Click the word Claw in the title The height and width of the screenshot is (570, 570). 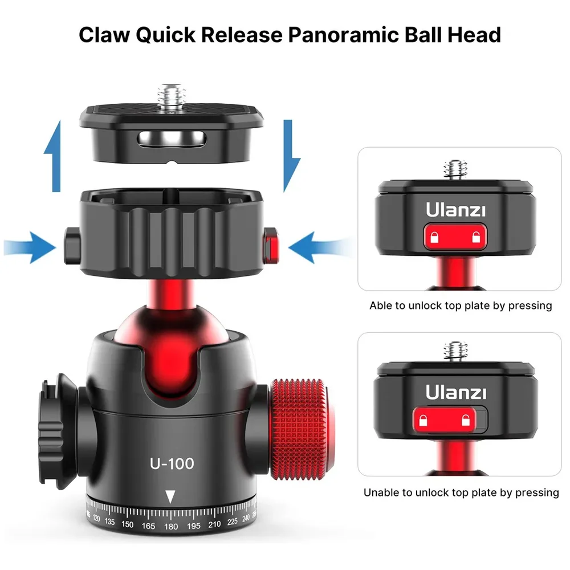[x=104, y=35]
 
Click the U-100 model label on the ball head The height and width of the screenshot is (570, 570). [x=172, y=463]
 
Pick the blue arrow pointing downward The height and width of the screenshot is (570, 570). [x=291, y=156]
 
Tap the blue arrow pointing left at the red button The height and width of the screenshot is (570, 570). [x=320, y=247]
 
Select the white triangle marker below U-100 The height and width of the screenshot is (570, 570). [x=170, y=496]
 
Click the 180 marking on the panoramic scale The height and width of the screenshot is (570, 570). [x=171, y=526]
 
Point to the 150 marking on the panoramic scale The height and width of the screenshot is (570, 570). [x=127, y=524]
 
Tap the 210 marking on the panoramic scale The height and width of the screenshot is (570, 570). [x=214, y=524]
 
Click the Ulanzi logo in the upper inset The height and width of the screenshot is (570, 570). [x=455, y=210]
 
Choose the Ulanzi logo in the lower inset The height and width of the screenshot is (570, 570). [x=456, y=392]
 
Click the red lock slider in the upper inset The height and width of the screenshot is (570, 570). [x=455, y=237]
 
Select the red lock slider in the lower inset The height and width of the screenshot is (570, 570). [x=444, y=420]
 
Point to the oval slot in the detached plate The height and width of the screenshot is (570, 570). [x=172, y=139]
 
